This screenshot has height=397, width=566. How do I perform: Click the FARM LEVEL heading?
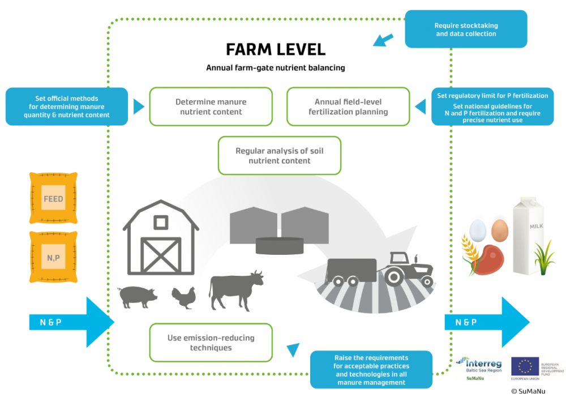(275, 49)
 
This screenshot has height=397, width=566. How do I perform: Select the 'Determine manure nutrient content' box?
(211, 106)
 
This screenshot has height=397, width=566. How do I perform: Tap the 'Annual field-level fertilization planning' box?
(348, 106)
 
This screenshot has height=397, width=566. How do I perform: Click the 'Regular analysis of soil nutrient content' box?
(280, 155)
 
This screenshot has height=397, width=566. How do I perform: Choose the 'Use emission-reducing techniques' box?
(211, 342)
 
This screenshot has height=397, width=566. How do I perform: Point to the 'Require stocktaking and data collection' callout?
(465, 29)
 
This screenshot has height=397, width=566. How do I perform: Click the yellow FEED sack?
(53, 199)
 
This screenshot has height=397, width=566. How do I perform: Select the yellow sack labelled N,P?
(53, 257)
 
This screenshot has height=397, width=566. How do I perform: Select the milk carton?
(528, 234)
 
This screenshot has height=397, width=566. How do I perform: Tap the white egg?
(478, 229)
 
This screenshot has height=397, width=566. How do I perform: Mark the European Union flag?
(525, 366)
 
